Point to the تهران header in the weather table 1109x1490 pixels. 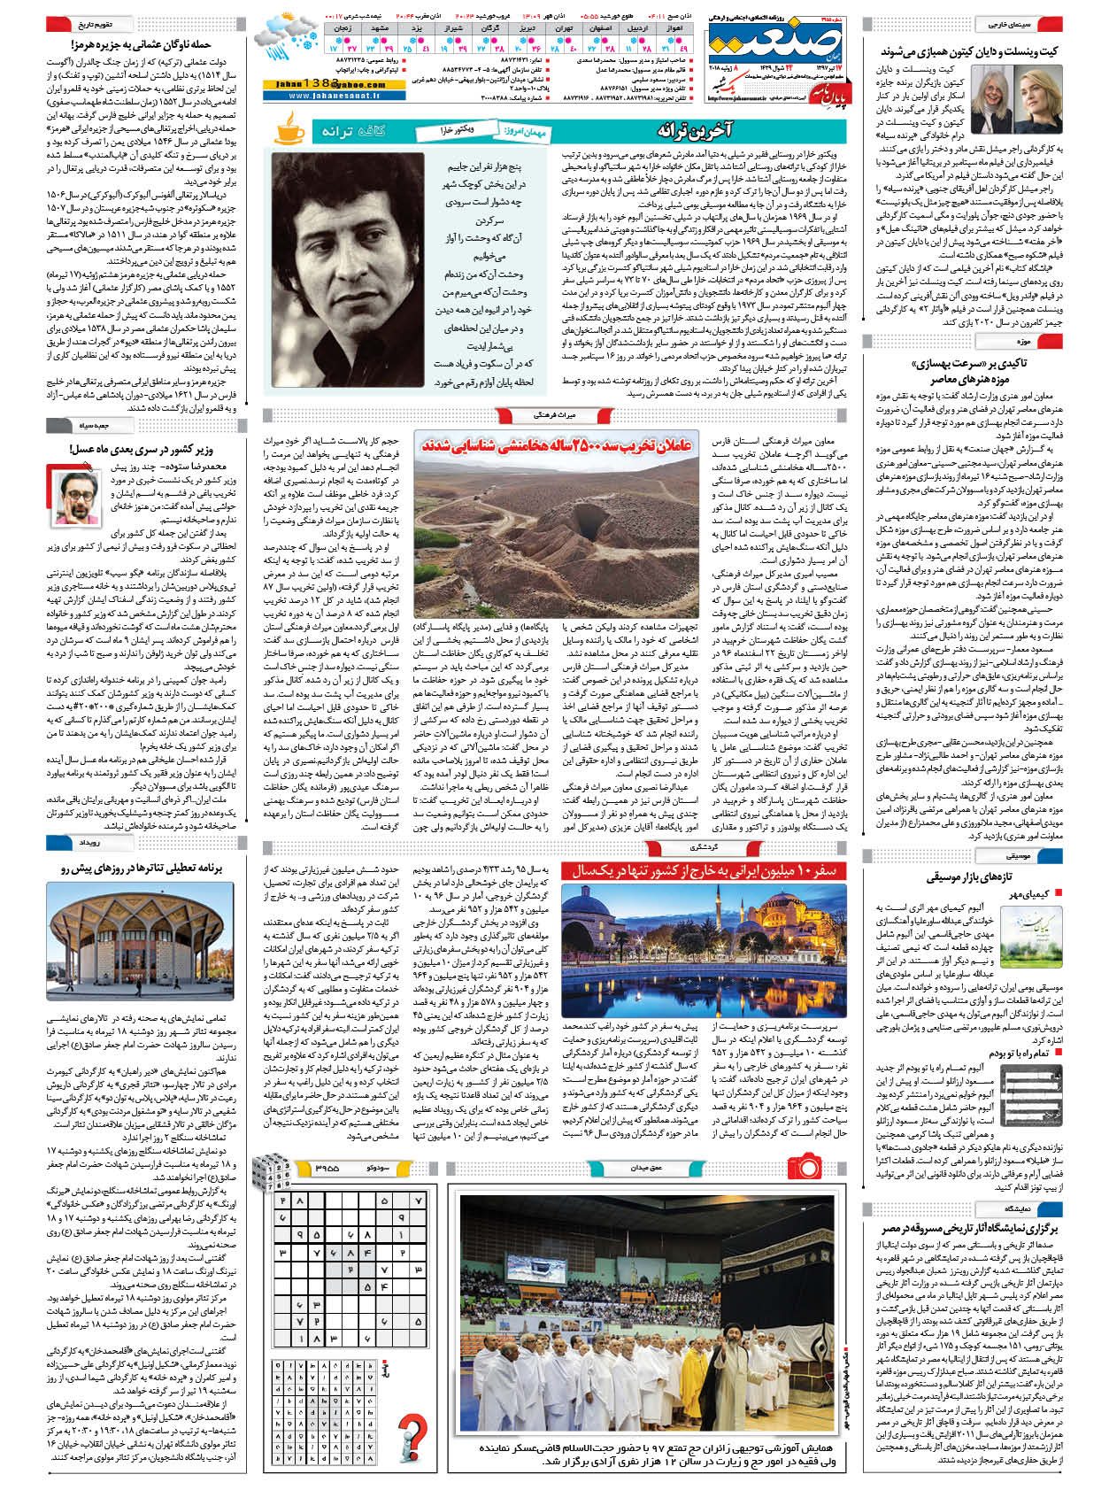click(x=563, y=28)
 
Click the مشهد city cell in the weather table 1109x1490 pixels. click(x=381, y=28)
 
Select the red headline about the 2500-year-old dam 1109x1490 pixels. click(x=556, y=445)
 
